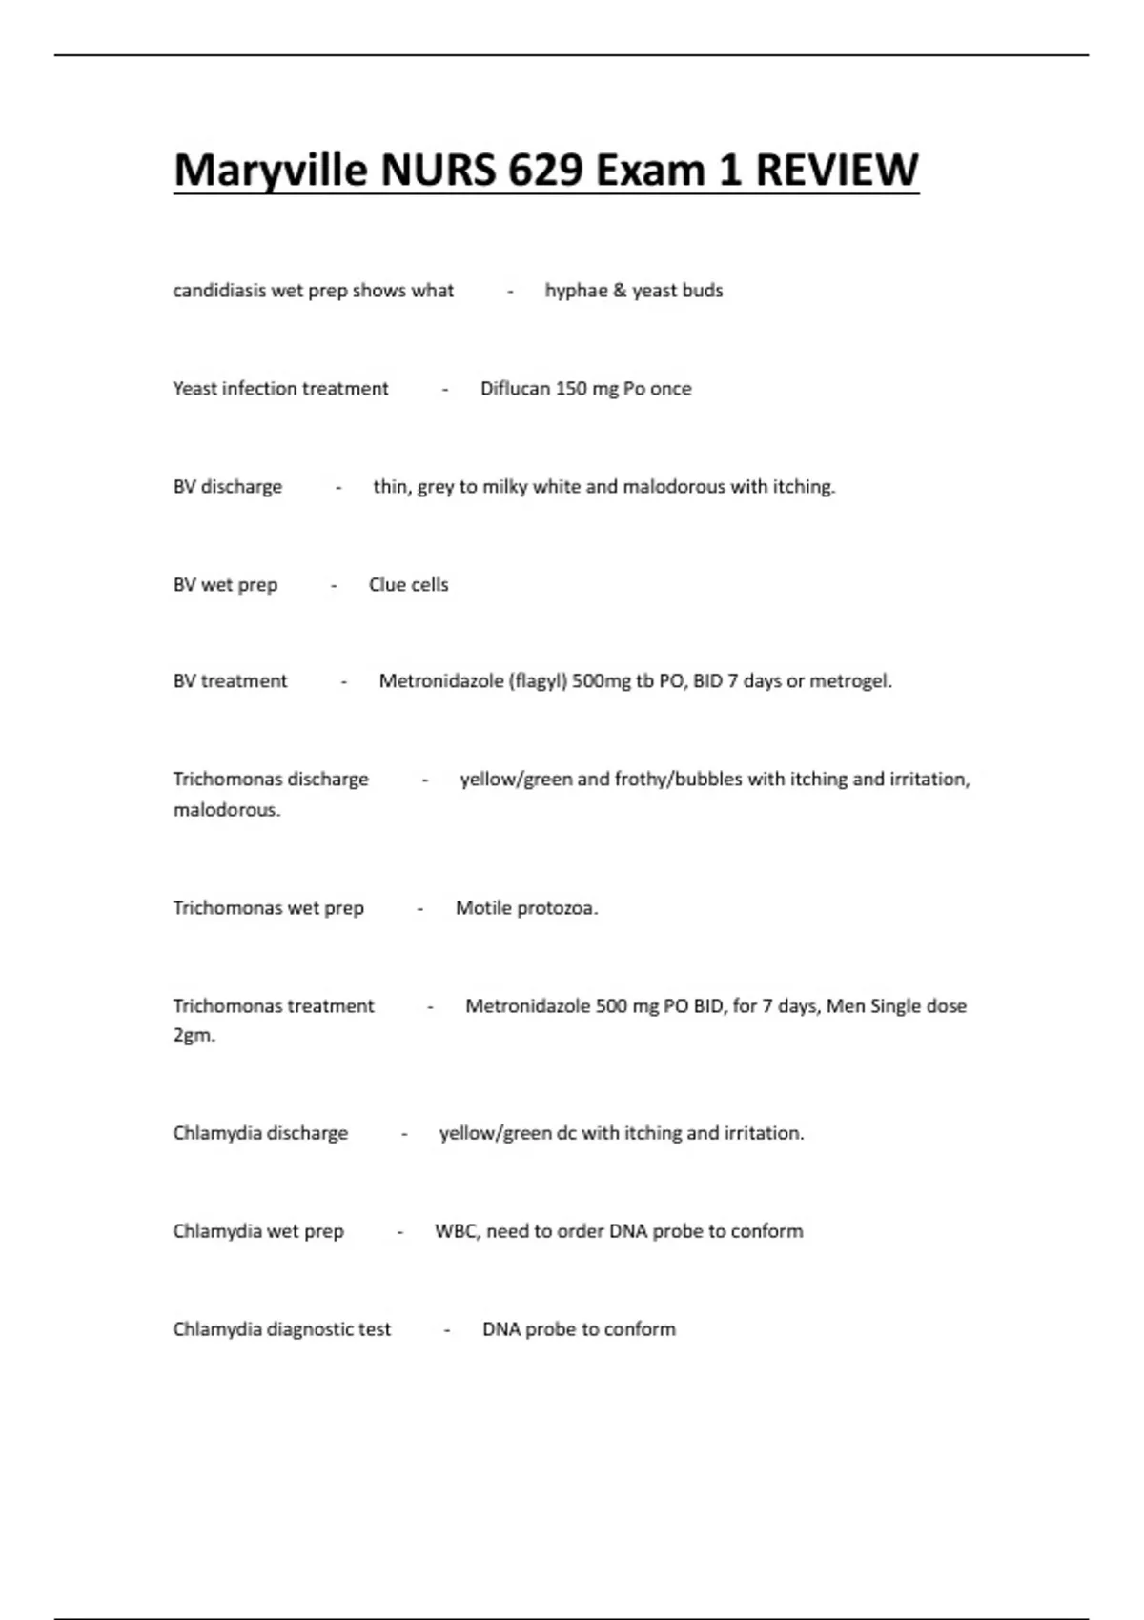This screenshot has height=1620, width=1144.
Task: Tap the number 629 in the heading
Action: coord(545,171)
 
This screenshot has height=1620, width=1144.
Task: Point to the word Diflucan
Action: coord(515,389)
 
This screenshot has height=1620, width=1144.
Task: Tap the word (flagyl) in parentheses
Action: coord(538,681)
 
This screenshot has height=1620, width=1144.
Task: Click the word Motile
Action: coord(483,908)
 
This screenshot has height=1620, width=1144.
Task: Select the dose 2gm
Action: coord(194,1035)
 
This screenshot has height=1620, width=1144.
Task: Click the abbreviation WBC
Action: coord(457,1231)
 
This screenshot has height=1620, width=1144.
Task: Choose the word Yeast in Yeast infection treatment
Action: coord(194,389)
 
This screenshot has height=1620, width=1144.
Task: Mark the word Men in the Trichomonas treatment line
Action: coord(845,1006)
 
